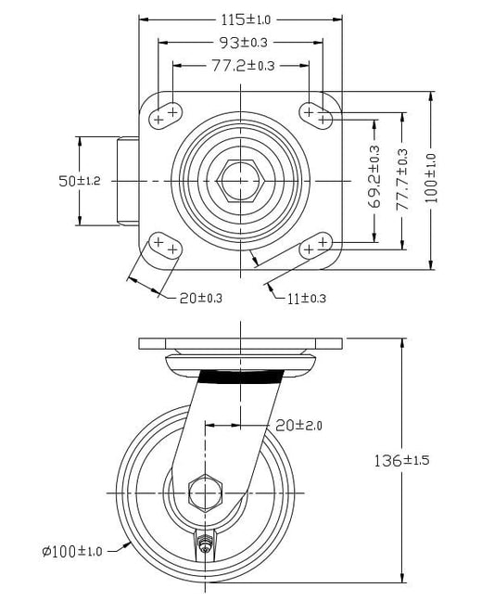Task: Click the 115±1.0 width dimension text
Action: pyautogui.click(x=246, y=19)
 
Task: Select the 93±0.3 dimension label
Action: pyautogui.click(x=243, y=43)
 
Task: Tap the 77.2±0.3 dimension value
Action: pyautogui.click(x=243, y=66)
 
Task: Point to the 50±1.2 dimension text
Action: pyautogui.click(x=80, y=181)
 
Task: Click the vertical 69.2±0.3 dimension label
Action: pyautogui.click(x=374, y=177)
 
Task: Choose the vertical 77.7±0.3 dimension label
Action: pyautogui.click(x=401, y=179)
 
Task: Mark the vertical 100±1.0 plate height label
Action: pyautogui.click(x=430, y=178)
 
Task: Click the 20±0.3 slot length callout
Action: pyautogui.click(x=201, y=298)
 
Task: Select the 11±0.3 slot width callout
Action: pyautogui.click(x=307, y=299)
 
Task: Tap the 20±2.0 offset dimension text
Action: pyautogui.click(x=298, y=425)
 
